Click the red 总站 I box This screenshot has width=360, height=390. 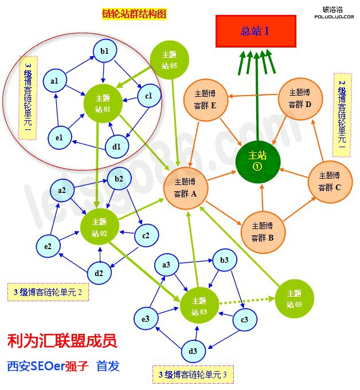(256, 31)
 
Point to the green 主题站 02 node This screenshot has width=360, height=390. (99, 227)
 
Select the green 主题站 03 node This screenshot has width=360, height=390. (199, 306)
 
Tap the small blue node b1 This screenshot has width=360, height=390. (104, 52)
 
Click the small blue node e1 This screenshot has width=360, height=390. (59, 137)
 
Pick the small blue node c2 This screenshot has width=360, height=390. (146, 235)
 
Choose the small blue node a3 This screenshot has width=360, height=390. (166, 265)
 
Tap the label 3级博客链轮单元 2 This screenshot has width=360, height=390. (48, 292)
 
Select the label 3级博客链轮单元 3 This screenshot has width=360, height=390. (193, 375)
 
